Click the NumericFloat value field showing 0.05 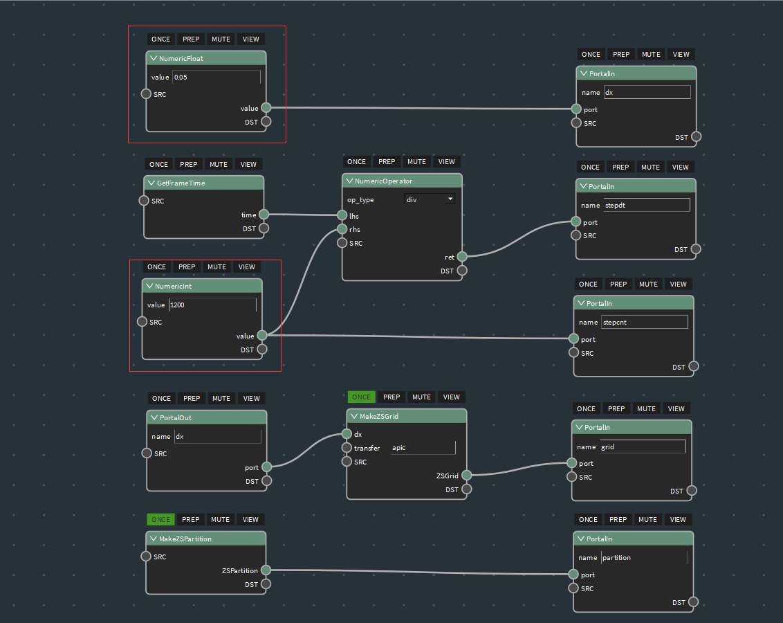click(217, 77)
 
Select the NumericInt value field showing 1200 click(213, 305)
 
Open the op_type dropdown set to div click(430, 199)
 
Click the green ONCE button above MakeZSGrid click(362, 397)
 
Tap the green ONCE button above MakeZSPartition click(160, 520)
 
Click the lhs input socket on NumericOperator click(342, 215)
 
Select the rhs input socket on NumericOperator click(342, 229)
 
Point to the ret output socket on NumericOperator click(462, 257)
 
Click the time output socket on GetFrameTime click(264, 215)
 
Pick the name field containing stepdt click(647, 206)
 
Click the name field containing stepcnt click(644, 323)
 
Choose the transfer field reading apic click(423, 448)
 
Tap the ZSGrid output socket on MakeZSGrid click(466, 475)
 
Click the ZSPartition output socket click(266, 570)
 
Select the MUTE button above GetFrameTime click(219, 164)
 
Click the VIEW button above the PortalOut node click(252, 398)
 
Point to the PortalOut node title click(175, 417)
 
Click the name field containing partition click(645, 557)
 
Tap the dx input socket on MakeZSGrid click(347, 433)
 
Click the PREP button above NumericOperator click(387, 162)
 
